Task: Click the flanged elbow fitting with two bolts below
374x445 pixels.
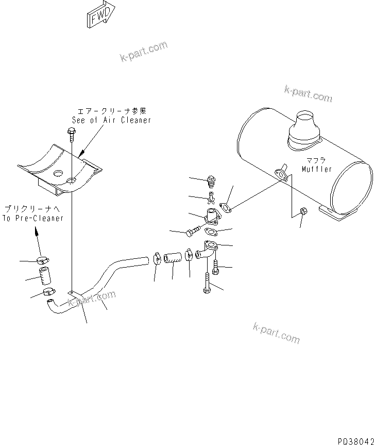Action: click(x=207, y=251)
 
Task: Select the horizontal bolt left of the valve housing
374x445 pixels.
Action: click(x=189, y=233)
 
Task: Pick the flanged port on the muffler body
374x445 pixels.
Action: click(x=280, y=174)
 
